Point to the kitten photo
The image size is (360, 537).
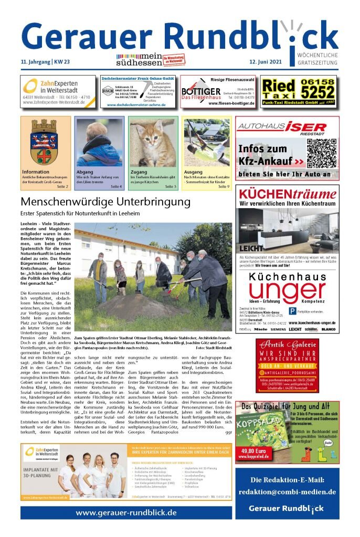[x=153, y=142]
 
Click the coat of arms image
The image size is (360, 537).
[x=45, y=142]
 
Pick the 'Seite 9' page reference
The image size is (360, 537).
[x=224, y=187]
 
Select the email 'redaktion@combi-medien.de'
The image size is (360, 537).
[x=287, y=491]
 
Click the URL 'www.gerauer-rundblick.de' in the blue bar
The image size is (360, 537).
[x=126, y=512]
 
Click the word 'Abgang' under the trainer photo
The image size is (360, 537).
[x=85, y=172]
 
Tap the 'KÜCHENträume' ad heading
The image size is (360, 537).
[x=288, y=194]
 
